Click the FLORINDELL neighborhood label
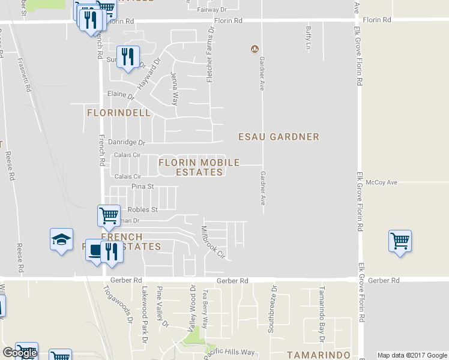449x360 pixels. [x=119, y=113]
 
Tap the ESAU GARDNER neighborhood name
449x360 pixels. [x=279, y=137]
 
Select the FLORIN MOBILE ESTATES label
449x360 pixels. [x=199, y=167]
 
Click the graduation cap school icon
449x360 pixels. [x=61, y=240]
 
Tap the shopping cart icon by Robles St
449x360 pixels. [x=109, y=216]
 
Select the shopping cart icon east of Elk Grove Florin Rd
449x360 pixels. [x=400, y=241]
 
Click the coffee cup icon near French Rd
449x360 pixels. [x=95, y=250]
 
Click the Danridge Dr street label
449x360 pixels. [x=127, y=143]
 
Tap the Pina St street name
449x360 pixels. [x=143, y=187]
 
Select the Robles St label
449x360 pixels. [x=142, y=210]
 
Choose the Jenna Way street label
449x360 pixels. [x=174, y=88]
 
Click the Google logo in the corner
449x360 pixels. [x=20, y=353]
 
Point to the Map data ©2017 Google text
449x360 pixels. [x=412, y=355]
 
